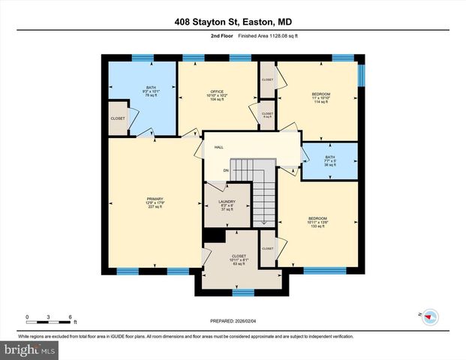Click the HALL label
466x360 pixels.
(219, 147)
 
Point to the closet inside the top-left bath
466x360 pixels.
(118, 119)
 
